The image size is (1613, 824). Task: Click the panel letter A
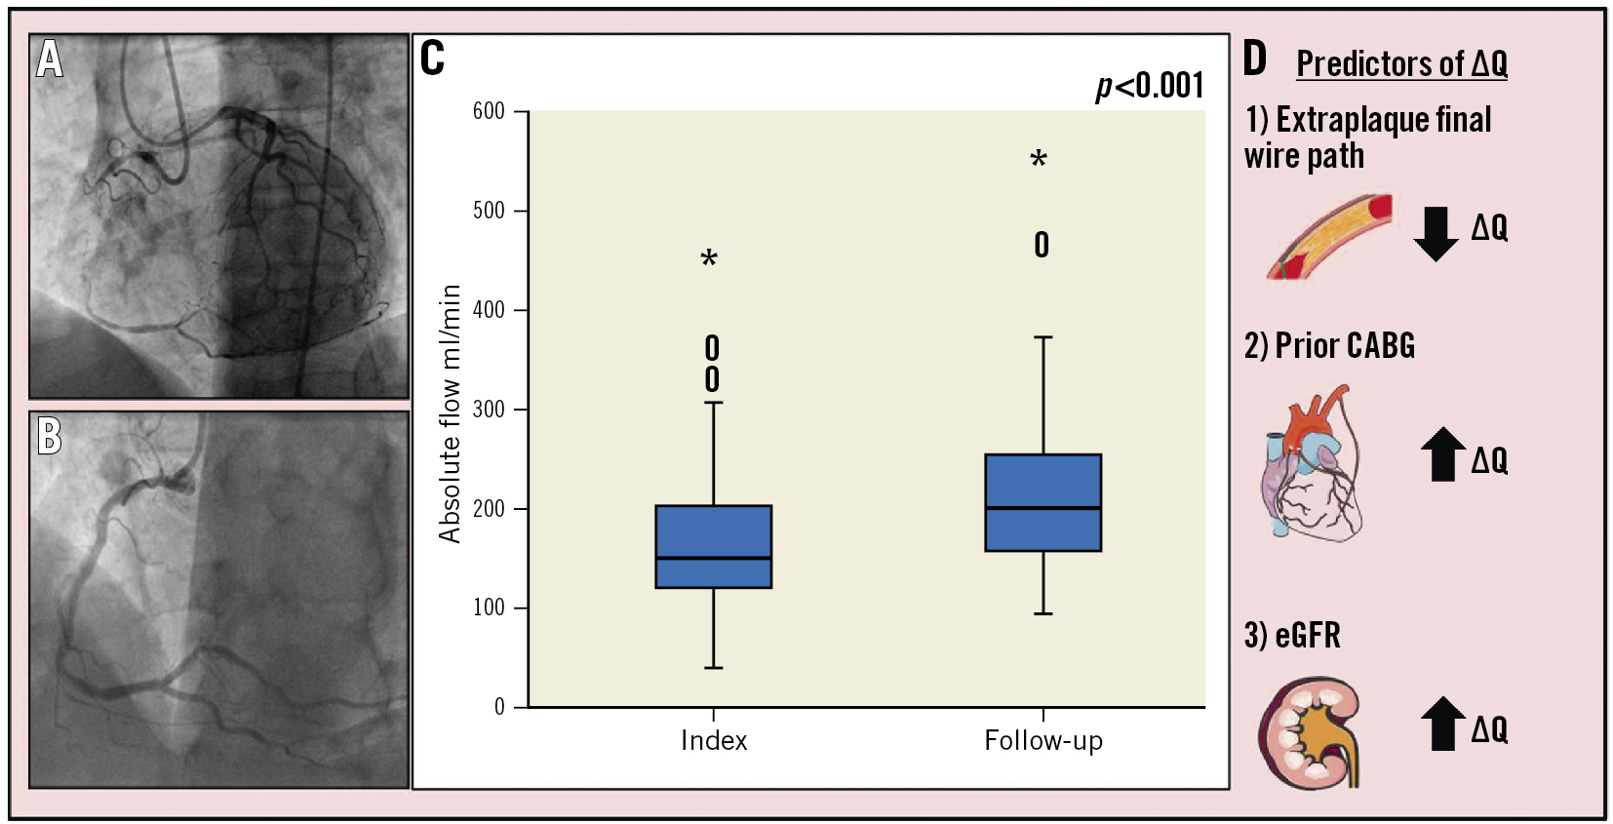pyautogui.click(x=50, y=59)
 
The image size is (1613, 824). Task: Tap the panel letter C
pyautogui.click(x=432, y=59)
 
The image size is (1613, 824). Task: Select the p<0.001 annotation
pyautogui.click(x=1150, y=86)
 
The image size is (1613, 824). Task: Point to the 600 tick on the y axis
pyautogui.click(x=489, y=111)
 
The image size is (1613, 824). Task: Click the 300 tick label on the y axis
pyautogui.click(x=489, y=410)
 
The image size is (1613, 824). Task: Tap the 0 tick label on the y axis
pyautogui.click(x=499, y=707)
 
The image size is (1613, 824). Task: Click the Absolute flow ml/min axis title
pyautogui.click(x=450, y=413)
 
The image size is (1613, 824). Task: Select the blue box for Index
pyautogui.click(x=713, y=546)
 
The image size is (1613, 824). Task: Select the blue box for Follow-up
pyautogui.click(x=1043, y=502)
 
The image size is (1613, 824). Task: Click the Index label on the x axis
pyautogui.click(x=714, y=741)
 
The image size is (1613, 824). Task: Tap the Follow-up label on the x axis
pyautogui.click(x=1043, y=741)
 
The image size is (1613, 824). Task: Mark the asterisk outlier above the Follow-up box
pyautogui.click(x=1039, y=160)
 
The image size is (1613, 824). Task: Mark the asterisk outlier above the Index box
pyautogui.click(x=709, y=259)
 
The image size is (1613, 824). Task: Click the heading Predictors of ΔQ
pyautogui.click(x=1401, y=64)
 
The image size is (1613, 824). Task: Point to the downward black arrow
pyautogui.click(x=1436, y=234)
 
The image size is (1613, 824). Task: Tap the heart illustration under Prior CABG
pyautogui.click(x=1312, y=464)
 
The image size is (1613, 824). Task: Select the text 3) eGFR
pyautogui.click(x=1292, y=636)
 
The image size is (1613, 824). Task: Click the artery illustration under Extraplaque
pyautogui.click(x=1328, y=238)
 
